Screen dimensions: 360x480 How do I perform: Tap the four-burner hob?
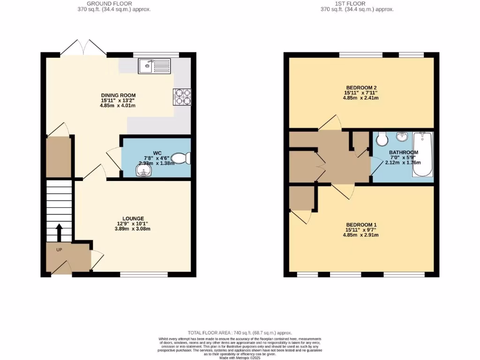point(182,96)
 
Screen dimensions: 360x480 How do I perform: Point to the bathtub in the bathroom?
point(422,154)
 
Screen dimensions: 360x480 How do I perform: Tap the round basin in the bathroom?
point(402,137)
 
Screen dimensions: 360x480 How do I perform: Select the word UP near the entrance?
point(59,250)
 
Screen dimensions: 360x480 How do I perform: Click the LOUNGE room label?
point(133,218)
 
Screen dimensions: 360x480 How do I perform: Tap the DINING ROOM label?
point(118,95)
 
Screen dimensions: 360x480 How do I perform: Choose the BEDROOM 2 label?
point(361,88)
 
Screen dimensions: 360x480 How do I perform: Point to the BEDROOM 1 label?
point(360,225)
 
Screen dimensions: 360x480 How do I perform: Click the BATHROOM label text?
point(403,152)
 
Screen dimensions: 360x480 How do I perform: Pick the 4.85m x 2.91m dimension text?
point(360,235)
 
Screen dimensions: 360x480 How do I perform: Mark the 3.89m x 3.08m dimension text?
point(133,229)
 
